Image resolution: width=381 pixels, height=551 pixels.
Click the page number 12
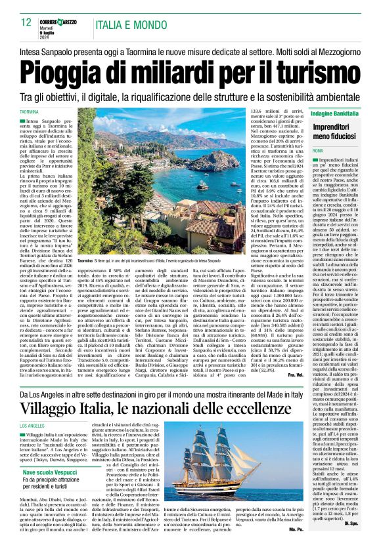(26, 22)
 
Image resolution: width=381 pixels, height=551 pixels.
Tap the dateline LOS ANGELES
(39, 426)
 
